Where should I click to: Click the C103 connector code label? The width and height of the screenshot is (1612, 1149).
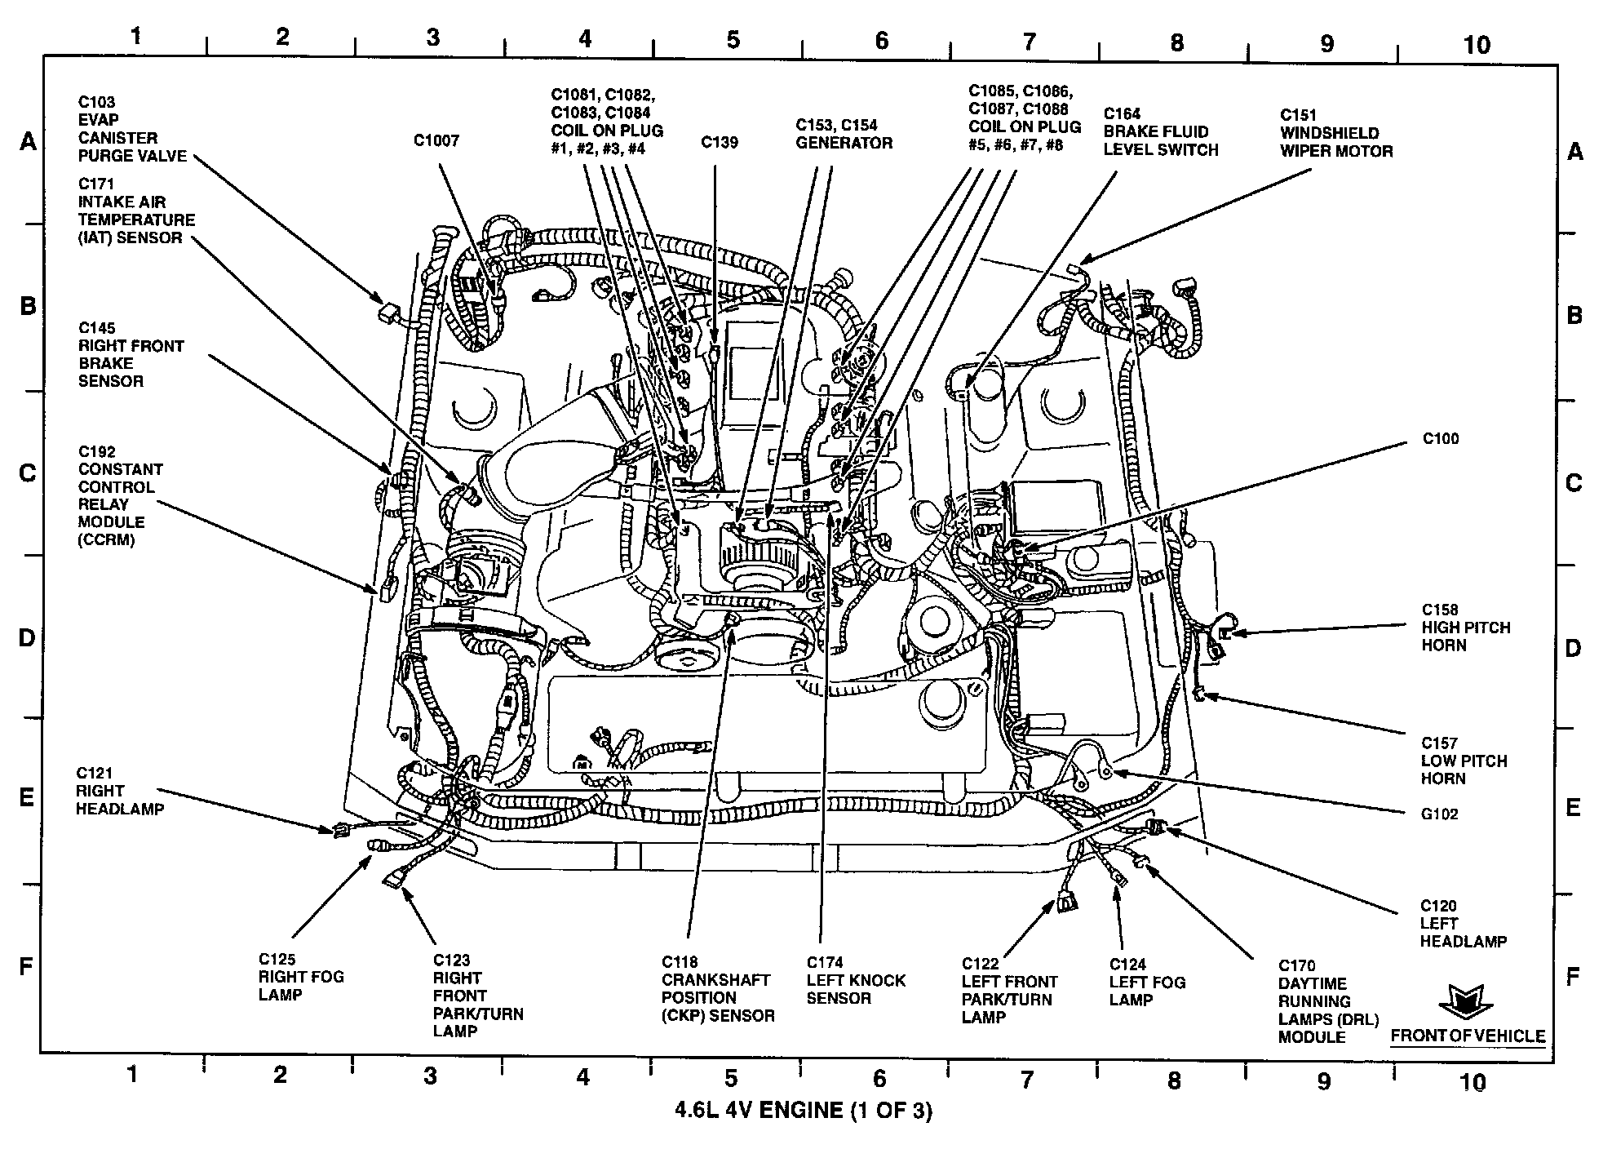pos(96,102)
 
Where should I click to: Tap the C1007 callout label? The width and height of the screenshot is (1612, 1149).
pos(436,141)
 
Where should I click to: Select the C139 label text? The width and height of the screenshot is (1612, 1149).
pos(719,143)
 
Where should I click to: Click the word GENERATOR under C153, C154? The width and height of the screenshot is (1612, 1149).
pos(844,144)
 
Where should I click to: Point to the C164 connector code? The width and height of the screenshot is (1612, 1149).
pos(1122,114)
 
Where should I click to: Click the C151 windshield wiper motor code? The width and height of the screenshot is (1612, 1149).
pos(1298,115)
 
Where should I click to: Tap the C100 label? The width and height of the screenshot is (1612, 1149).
pos(1440,439)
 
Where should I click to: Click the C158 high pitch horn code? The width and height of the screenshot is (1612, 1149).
pos(1439,610)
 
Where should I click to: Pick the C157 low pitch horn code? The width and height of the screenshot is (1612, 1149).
pos(1439,743)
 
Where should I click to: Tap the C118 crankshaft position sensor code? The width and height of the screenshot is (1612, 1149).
pos(680,962)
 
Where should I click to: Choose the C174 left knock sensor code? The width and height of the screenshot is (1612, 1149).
pos(825,963)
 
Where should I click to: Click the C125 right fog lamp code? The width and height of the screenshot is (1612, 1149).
pos(277,960)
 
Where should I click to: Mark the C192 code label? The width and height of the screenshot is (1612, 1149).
pos(96,451)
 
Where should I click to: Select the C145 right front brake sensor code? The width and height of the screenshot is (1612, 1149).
pos(96,329)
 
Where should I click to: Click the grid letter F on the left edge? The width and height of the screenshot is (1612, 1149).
pos(26,968)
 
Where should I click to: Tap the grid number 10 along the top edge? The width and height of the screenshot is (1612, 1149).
pos(1477,45)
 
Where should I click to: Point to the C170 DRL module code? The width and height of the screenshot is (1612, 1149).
pos(1296,966)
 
